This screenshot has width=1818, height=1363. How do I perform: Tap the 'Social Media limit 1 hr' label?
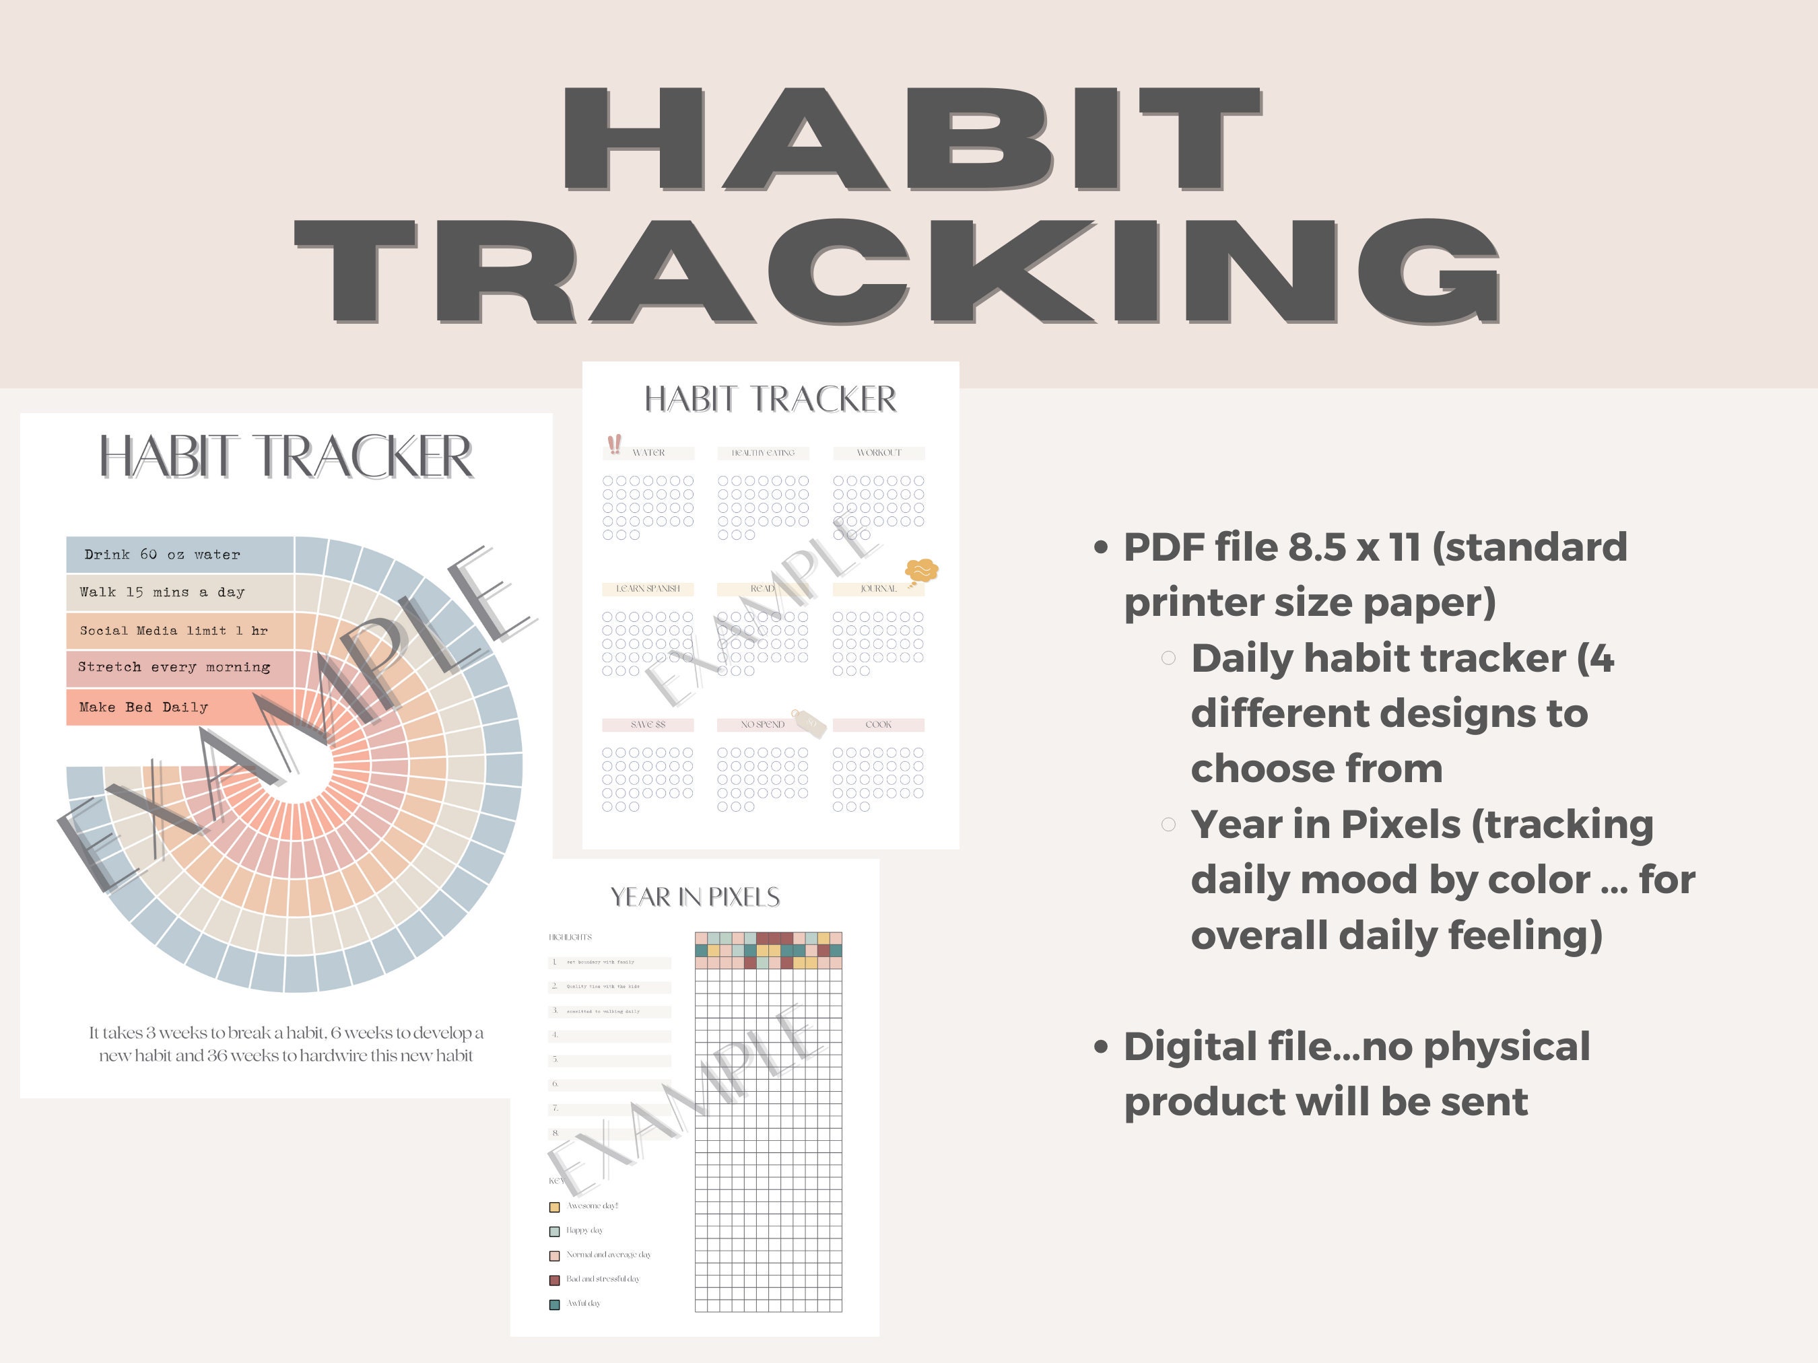pyautogui.click(x=174, y=631)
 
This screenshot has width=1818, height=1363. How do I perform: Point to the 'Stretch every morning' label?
pyautogui.click(x=174, y=667)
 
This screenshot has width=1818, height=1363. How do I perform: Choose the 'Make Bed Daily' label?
pyautogui.click(x=144, y=707)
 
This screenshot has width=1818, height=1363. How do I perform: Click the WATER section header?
pyautogui.click(x=648, y=453)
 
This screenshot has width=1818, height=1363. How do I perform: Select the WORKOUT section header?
pyautogui.click(x=879, y=453)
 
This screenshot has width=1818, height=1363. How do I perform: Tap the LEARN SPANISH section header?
pyautogui.click(x=648, y=589)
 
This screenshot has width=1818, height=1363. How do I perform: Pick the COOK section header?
pyautogui.click(x=878, y=725)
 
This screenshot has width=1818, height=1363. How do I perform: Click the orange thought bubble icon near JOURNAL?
pyautogui.click(x=920, y=571)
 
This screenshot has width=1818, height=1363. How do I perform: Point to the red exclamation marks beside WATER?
pyautogui.click(x=614, y=444)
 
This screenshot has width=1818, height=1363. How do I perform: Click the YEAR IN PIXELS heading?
pyautogui.click(x=694, y=897)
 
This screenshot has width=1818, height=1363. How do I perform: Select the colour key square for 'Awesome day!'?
pyautogui.click(x=554, y=1207)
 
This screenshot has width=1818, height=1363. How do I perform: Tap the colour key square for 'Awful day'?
pyautogui.click(x=554, y=1304)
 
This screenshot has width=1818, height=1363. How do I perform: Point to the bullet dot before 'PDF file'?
pyautogui.click(x=1102, y=548)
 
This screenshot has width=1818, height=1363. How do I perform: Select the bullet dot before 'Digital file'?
pyautogui.click(x=1102, y=1047)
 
